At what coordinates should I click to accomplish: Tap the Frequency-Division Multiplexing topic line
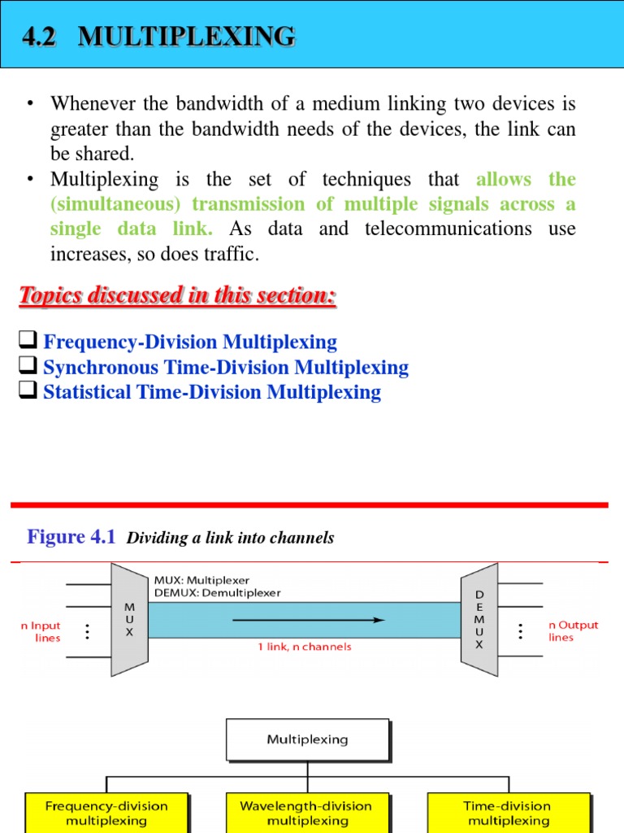coord(189,342)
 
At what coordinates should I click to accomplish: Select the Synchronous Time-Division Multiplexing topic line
coord(225,368)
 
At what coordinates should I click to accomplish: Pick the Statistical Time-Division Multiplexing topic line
coord(211,393)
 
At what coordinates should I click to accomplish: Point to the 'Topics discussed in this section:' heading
coord(177,296)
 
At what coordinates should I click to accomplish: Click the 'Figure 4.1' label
coord(71,537)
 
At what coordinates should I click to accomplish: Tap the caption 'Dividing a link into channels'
coord(231,538)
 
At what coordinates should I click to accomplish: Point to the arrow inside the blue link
coord(309,620)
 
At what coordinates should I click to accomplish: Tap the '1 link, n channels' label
coord(305,647)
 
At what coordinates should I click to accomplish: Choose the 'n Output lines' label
coord(573,631)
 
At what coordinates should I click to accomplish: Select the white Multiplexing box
coord(307,740)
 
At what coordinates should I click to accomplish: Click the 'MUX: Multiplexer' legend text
coord(201,580)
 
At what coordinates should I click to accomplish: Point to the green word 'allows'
coord(504,179)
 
